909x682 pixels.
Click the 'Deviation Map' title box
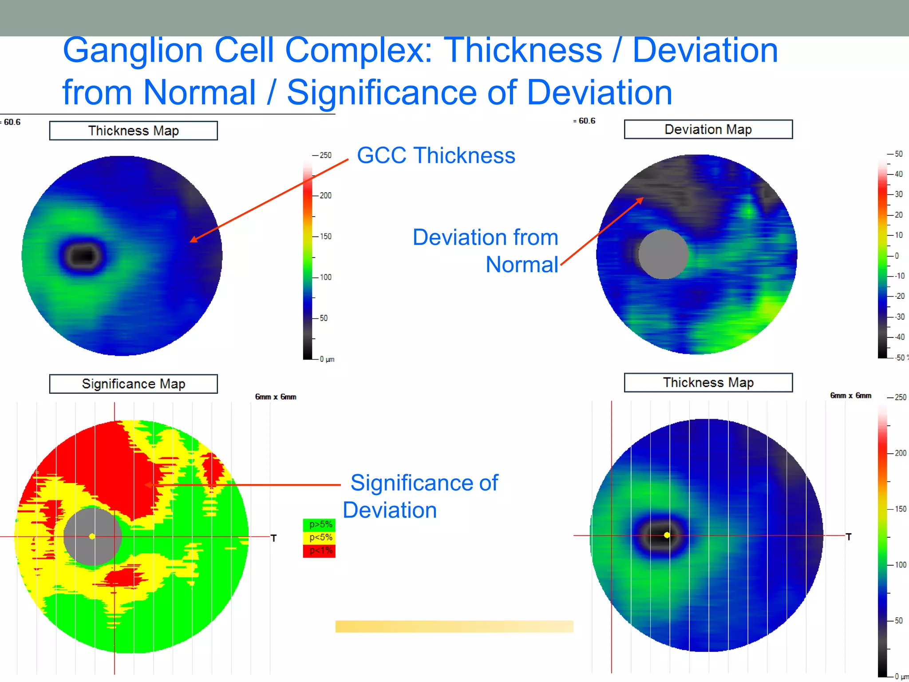pyautogui.click(x=708, y=129)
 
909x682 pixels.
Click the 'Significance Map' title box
pyautogui.click(x=133, y=384)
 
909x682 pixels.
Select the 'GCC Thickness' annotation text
pyautogui.click(x=436, y=155)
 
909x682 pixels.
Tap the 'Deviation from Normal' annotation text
pyautogui.click(x=486, y=250)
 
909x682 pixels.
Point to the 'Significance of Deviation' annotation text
pyautogui.click(x=422, y=496)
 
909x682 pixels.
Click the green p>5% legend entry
pyautogui.click(x=320, y=524)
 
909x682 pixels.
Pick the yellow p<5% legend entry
pyautogui.click(x=320, y=537)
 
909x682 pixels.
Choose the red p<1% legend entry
pyautogui.click(x=320, y=551)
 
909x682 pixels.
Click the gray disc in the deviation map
pyautogui.click(x=663, y=254)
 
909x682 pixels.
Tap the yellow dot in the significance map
pyautogui.click(x=92, y=536)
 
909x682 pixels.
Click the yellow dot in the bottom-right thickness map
pyautogui.click(x=667, y=535)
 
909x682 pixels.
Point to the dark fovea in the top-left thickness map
pyautogui.click(x=83, y=256)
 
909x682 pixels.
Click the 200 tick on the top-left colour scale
pyautogui.click(x=325, y=195)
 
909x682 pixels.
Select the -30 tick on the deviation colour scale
pyautogui.click(x=899, y=317)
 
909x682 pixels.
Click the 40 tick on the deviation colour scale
pyautogui.click(x=898, y=174)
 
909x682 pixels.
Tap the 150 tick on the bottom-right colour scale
pyautogui.click(x=900, y=509)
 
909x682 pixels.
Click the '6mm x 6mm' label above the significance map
pyautogui.click(x=275, y=397)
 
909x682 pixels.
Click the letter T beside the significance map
pyautogui.click(x=274, y=538)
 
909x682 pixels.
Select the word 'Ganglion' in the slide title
pyautogui.click(x=133, y=51)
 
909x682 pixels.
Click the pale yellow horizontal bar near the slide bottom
pyautogui.click(x=454, y=626)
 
